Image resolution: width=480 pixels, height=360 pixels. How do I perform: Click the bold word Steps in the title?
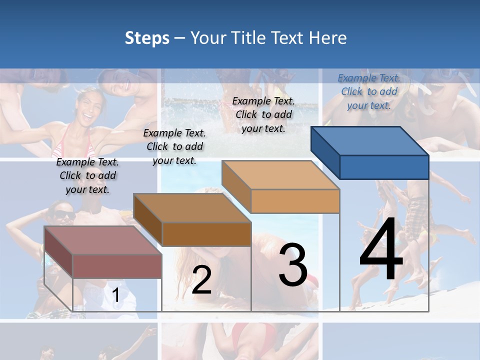pos(147,38)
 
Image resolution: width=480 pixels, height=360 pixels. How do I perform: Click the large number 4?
pos(381,250)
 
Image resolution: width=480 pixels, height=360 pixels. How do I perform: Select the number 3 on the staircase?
pos(293,265)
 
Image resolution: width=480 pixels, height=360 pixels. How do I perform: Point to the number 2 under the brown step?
pos(201,280)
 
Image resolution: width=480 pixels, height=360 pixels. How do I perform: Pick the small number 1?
pos(115,295)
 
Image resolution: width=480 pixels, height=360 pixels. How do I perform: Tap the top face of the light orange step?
pos(280,175)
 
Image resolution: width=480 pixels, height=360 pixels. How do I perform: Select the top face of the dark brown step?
pos(192,208)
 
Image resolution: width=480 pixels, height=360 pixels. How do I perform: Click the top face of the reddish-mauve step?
pos(103,240)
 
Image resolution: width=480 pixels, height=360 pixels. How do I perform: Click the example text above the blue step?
pos(369,91)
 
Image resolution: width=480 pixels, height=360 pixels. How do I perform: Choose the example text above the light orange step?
pos(263,114)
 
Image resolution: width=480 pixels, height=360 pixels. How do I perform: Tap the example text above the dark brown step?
pos(174,146)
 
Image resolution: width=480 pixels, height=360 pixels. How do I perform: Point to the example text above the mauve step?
pos(87,175)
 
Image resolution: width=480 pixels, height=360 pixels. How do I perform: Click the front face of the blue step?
pos(384,167)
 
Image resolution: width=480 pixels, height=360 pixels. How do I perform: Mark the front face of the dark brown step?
pos(206,234)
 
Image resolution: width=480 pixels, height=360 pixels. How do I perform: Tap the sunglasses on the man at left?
pos(64,215)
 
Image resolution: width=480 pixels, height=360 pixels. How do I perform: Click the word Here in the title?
pos(327,38)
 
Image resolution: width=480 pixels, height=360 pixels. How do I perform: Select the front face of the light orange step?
pos(295,201)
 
